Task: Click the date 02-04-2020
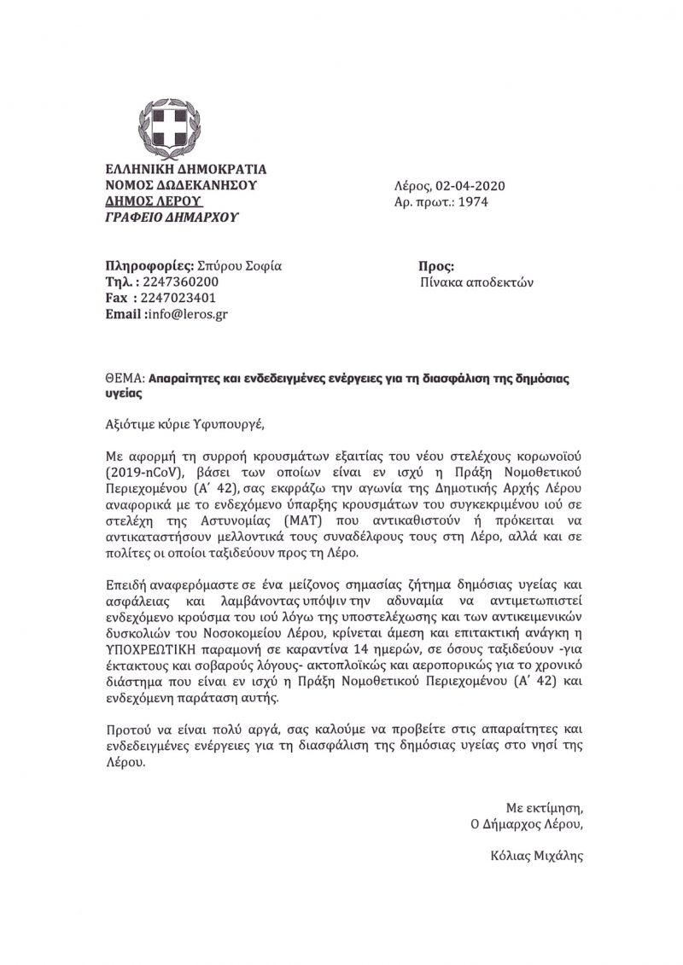(470, 185)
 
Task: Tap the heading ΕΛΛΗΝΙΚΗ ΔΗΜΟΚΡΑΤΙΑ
(185, 169)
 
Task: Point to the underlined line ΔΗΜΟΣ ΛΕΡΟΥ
(153, 201)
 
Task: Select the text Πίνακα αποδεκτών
(477, 282)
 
